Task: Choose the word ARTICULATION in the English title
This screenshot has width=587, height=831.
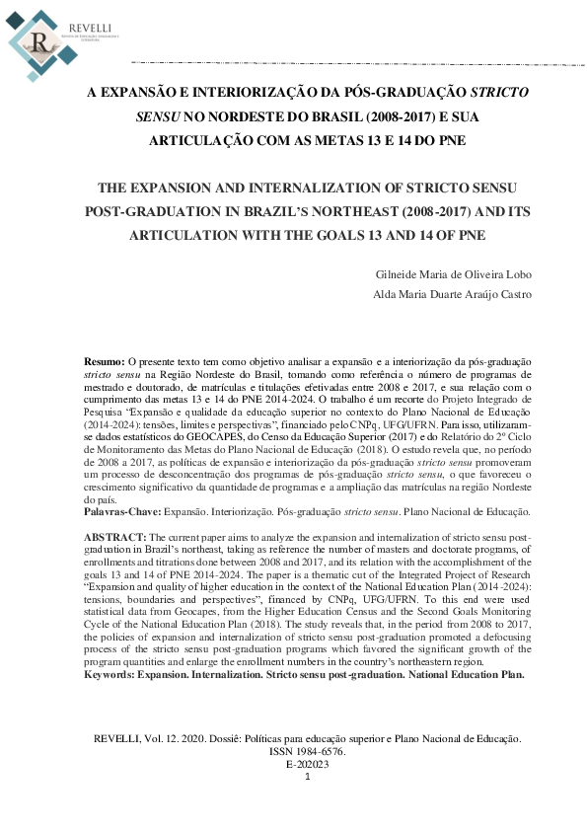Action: pos(196,236)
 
